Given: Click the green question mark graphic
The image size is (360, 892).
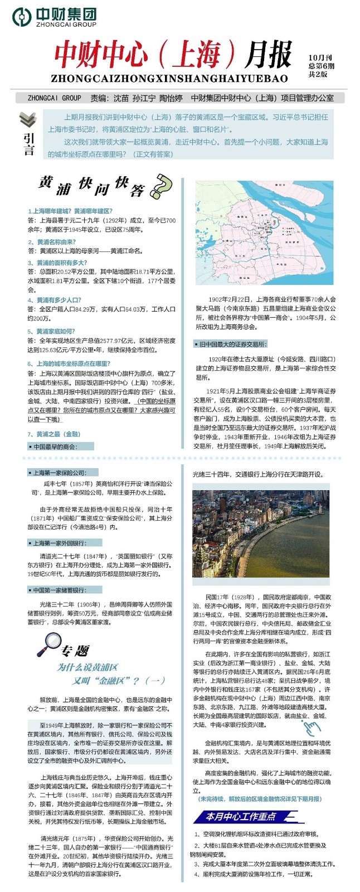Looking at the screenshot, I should pyautogui.click(x=160, y=187).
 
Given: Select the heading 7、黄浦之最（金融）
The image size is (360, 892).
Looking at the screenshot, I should pyautogui.click(x=54, y=434).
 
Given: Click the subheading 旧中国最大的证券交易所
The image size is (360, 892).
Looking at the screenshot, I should pyautogui.click(x=231, y=344).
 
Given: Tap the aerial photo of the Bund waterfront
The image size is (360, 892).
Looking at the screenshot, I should pyautogui.click(x=261, y=534).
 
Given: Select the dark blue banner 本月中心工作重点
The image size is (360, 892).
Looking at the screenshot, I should pyautogui.click(x=240, y=817).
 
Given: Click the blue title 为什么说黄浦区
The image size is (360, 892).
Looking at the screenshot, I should pyautogui.click(x=87, y=667).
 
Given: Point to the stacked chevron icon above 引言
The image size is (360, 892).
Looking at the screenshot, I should pyautogui.click(x=27, y=119).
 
